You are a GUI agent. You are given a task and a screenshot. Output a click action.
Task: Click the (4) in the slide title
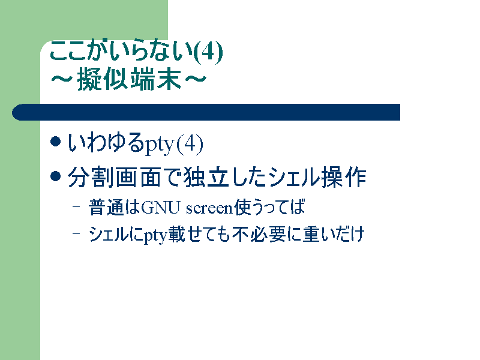coord(208,52)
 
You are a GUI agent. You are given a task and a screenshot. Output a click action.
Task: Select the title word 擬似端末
coord(129,79)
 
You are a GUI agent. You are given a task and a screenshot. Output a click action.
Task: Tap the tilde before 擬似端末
coord(62,79)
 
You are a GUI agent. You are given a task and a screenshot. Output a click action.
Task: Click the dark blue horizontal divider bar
coord(206,112)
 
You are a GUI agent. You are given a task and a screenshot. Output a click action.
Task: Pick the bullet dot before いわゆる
coord(55,142)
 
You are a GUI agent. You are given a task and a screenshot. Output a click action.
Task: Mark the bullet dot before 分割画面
coord(55,176)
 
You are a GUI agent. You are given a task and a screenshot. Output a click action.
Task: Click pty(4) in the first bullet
coord(173,144)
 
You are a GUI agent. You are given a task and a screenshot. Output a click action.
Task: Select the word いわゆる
coord(106,142)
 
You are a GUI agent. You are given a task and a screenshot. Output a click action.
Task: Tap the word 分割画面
coord(114,177)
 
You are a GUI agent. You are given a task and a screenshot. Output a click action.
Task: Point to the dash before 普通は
coord(76,206)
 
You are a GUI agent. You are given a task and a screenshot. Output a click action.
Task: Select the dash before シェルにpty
coord(76,233)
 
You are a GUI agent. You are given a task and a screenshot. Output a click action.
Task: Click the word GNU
coord(160,208)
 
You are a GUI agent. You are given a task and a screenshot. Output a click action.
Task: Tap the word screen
coord(209,208)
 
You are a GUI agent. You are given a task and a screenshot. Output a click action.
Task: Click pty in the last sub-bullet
coord(155,236)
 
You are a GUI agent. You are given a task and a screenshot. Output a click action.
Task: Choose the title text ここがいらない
coord(122,50)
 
